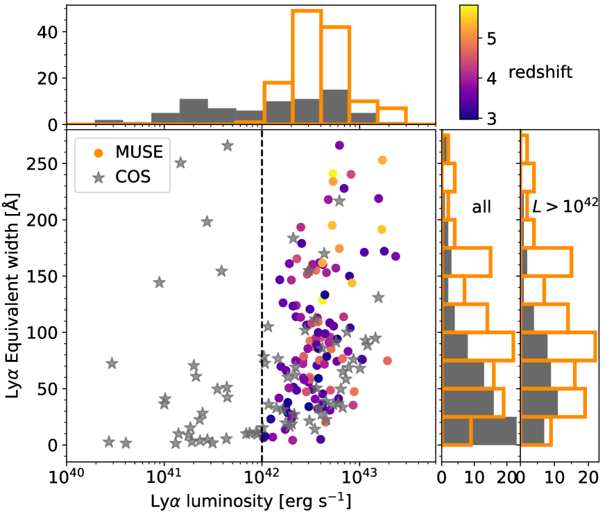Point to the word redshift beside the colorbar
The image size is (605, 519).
click(540, 72)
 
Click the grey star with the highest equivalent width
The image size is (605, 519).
click(228, 145)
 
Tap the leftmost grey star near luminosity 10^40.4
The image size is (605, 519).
click(109, 442)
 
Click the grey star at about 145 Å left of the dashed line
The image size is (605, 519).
click(159, 282)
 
